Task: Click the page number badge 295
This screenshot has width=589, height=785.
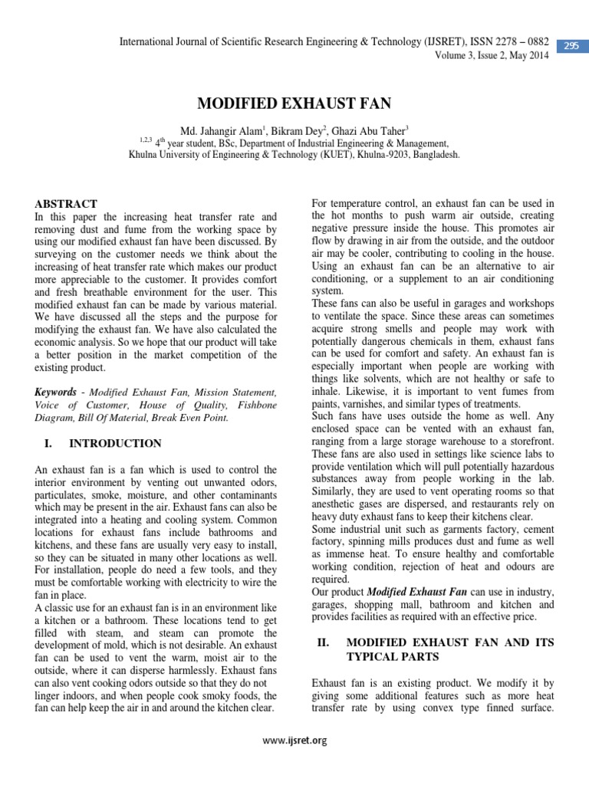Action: (x=571, y=46)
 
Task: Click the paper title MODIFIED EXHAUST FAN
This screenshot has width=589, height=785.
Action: (x=294, y=103)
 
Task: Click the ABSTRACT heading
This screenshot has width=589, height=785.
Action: (x=66, y=204)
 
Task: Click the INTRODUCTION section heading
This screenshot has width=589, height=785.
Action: (x=115, y=443)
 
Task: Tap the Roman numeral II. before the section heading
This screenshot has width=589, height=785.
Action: (x=322, y=642)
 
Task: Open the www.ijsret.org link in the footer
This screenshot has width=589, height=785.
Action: (x=294, y=741)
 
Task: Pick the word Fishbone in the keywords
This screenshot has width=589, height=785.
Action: (x=252, y=405)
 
